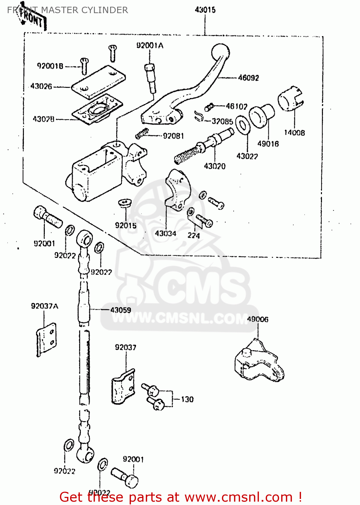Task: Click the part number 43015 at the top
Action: tap(205, 10)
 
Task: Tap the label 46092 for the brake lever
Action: tap(249, 78)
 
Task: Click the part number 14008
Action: tap(294, 133)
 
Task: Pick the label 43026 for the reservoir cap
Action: tap(41, 86)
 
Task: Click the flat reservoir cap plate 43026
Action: tap(99, 82)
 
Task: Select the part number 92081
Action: tap(173, 136)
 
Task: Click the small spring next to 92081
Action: tap(142, 133)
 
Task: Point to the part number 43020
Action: tap(215, 166)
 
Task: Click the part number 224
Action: tap(194, 235)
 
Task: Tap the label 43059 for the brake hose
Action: tap(121, 310)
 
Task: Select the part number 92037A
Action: tap(44, 306)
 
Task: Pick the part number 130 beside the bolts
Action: tap(187, 399)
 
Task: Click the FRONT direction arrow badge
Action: tap(32, 19)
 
